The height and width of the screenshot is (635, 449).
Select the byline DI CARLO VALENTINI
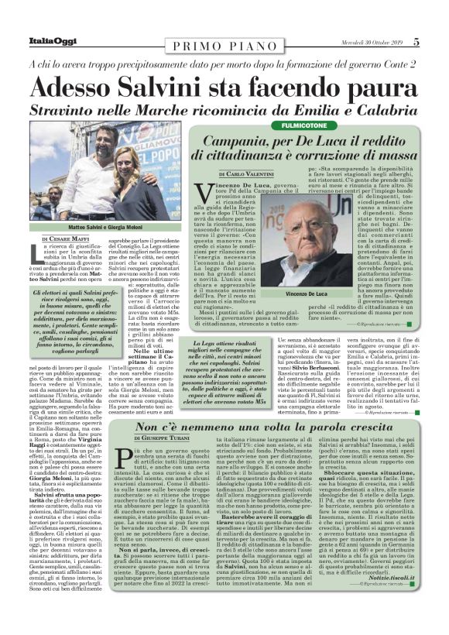click(240, 177)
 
